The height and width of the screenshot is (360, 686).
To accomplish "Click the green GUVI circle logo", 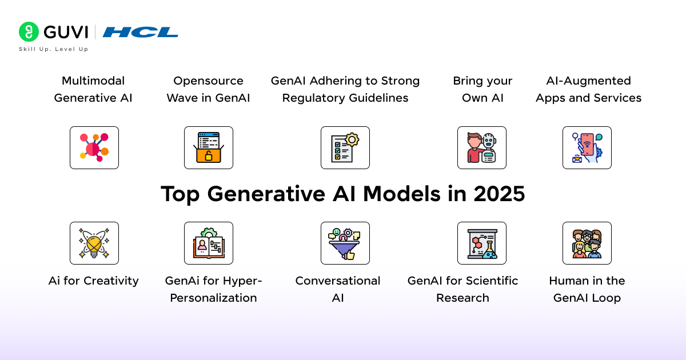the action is pyautogui.click(x=29, y=31).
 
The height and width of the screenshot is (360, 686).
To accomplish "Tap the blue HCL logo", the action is pyautogui.click(x=140, y=32).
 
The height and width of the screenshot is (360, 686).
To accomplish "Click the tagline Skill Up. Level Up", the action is pyautogui.click(x=54, y=49).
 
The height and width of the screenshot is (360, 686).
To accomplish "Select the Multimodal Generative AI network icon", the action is pyautogui.click(x=94, y=147).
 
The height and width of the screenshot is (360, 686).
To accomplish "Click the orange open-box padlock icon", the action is pyautogui.click(x=209, y=147).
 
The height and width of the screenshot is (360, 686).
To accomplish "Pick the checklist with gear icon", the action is pyautogui.click(x=345, y=147).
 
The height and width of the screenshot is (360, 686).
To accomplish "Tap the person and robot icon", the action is pyautogui.click(x=482, y=147).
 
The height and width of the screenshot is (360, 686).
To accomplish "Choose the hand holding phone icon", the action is pyautogui.click(x=587, y=147).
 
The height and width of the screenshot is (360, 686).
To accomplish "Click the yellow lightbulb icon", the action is pyautogui.click(x=94, y=243).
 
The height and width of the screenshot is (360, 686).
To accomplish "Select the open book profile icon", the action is pyautogui.click(x=209, y=243).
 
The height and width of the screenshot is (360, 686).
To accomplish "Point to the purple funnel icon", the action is pyautogui.click(x=345, y=243).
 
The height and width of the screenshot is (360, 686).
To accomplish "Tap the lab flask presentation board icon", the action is pyautogui.click(x=482, y=243).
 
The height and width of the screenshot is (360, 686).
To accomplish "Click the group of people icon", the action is pyautogui.click(x=587, y=243).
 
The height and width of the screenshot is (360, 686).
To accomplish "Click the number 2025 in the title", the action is pyautogui.click(x=499, y=194).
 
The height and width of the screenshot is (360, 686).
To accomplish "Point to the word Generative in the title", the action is pyautogui.click(x=266, y=194).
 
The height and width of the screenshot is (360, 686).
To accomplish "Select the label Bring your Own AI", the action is pyautogui.click(x=482, y=89).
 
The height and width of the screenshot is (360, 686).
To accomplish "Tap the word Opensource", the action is pyautogui.click(x=208, y=81).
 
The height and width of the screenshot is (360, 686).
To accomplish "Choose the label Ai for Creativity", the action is pyautogui.click(x=93, y=281).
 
